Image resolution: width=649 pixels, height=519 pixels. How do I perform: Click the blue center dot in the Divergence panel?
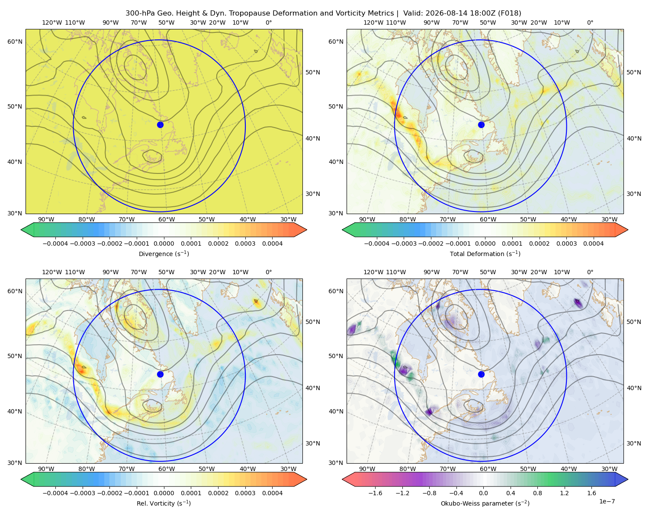click(x=160, y=125)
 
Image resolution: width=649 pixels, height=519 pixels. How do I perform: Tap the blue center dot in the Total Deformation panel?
click(x=481, y=125)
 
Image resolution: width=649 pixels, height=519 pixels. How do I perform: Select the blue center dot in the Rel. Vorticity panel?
click(x=160, y=374)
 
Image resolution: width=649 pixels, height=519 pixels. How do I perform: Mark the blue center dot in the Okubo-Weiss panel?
click(x=481, y=374)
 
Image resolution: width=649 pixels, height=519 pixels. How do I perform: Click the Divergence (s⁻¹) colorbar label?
click(x=164, y=253)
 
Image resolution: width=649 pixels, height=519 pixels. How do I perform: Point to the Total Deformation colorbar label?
click(x=485, y=253)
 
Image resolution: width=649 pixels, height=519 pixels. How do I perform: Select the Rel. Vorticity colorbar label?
click(x=164, y=503)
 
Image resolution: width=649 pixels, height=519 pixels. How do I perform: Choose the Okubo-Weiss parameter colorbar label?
click(x=485, y=503)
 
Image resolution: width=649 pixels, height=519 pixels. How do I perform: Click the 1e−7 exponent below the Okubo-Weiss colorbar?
click(x=607, y=501)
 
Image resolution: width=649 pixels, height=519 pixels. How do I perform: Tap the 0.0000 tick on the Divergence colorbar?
click(x=164, y=243)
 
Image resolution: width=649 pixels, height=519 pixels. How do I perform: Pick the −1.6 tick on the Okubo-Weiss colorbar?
click(x=375, y=493)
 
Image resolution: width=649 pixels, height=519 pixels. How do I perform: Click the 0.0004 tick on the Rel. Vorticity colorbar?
click(x=272, y=493)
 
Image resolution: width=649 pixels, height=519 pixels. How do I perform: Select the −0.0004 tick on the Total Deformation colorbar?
click(x=377, y=243)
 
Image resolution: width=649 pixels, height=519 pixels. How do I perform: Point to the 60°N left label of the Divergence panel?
click(x=15, y=42)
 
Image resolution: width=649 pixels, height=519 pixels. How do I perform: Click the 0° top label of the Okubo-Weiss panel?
click(x=590, y=272)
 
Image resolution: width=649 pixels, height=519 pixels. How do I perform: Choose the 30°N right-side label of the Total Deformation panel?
click(x=634, y=194)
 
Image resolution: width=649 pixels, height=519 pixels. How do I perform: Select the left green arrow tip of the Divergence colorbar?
click(x=21, y=230)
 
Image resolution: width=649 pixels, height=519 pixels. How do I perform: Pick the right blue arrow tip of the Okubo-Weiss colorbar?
click(x=628, y=480)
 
